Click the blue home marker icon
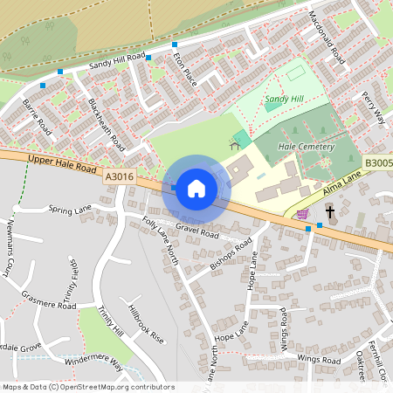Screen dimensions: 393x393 click(x=196, y=188)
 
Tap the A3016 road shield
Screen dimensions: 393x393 click(x=120, y=176)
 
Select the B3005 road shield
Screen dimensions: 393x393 click(x=377, y=162)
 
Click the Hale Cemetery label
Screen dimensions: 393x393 click(x=306, y=148)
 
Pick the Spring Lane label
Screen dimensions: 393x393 click(x=71, y=210)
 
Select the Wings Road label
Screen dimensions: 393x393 click(x=318, y=359)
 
